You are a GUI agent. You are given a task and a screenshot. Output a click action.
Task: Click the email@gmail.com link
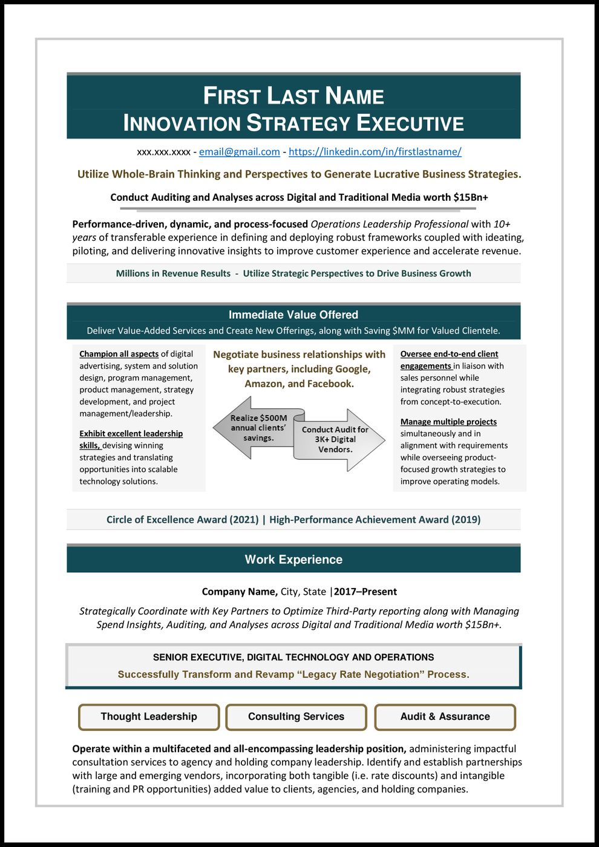click(239, 152)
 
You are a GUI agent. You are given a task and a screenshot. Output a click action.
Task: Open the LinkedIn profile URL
click(375, 152)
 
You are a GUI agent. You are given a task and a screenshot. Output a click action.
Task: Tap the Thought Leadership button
click(149, 717)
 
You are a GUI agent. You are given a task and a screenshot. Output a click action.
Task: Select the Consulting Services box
click(296, 717)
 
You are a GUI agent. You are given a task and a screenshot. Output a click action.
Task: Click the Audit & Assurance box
click(445, 717)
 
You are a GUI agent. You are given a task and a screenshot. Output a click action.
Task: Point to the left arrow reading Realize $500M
click(257, 428)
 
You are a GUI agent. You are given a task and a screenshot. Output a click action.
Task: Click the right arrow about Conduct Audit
click(336, 439)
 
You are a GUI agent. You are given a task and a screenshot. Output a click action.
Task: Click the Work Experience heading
click(293, 560)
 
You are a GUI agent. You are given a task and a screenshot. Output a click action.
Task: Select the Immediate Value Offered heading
click(293, 315)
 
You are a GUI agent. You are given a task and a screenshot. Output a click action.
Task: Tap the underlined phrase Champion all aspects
click(119, 354)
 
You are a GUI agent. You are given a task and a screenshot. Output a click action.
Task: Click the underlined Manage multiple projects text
click(448, 422)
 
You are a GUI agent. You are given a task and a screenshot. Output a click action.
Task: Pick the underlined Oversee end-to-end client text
click(449, 354)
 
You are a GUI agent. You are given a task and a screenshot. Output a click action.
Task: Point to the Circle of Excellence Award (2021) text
click(182, 520)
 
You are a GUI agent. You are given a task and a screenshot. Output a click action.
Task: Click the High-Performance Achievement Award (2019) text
click(375, 520)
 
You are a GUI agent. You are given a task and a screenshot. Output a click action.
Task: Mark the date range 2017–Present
click(365, 592)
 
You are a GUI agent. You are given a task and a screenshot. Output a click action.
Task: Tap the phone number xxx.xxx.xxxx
click(163, 152)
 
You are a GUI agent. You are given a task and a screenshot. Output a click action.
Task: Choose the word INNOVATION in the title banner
click(182, 123)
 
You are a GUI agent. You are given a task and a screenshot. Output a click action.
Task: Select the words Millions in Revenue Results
click(173, 273)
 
